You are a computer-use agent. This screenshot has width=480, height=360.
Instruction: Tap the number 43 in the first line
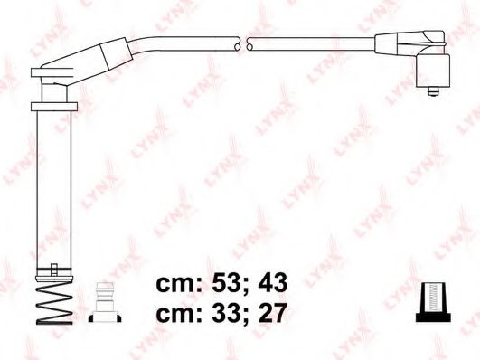pyautogui.click(x=273, y=283)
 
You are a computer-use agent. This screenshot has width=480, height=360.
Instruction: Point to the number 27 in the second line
pyautogui.click(x=273, y=312)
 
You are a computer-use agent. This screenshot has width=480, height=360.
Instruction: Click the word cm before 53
pyautogui.click(x=175, y=285)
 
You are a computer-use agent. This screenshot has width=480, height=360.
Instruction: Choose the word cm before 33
pyautogui.click(x=175, y=315)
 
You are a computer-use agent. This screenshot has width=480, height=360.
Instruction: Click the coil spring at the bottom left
pyautogui.click(x=54, y=302)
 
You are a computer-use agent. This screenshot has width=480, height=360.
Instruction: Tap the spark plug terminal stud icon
pyautogui.click(x=105, y=302)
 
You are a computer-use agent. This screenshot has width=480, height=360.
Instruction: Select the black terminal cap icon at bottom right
pyautogui.click(x=433, y=302)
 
